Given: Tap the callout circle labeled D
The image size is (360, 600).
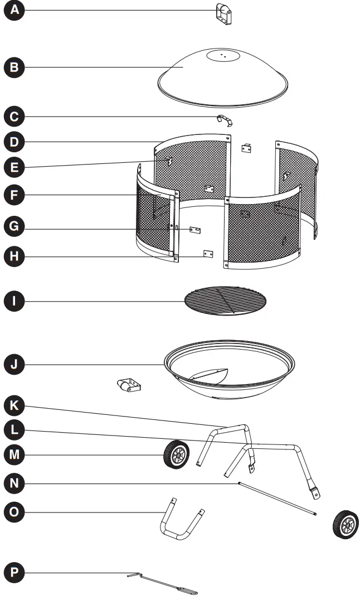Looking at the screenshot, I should (x=14, y=142).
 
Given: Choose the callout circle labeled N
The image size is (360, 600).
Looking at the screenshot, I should (x=14, y=482).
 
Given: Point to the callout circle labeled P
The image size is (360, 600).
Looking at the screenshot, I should (x=14, y=573).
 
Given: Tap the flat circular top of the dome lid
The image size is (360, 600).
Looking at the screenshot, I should (x=222, y=56).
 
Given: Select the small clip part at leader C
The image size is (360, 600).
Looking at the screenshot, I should (x=225, y=120).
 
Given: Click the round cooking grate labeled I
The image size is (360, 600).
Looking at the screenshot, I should (x=225, y=302).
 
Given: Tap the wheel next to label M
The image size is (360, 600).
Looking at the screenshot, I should (x=176, y=454).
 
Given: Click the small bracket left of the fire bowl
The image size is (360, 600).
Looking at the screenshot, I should (x=129, y=385).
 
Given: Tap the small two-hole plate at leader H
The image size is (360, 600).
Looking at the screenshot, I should (x=208, y=254).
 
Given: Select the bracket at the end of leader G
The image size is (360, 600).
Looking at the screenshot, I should (x=194, y=230).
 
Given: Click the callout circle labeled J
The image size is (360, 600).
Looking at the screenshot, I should (x=14, y=365).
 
